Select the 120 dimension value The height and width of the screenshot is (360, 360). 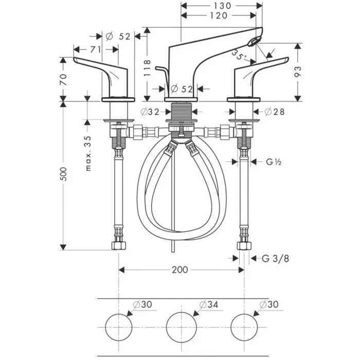[219, 16]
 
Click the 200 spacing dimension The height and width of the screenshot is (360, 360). [180, 269]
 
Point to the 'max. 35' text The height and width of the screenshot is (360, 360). [88, 154]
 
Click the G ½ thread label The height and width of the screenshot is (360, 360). [273, 163]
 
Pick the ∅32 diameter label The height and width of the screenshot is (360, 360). [149, 112]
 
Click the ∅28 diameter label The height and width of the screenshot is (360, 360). [276, 112]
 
